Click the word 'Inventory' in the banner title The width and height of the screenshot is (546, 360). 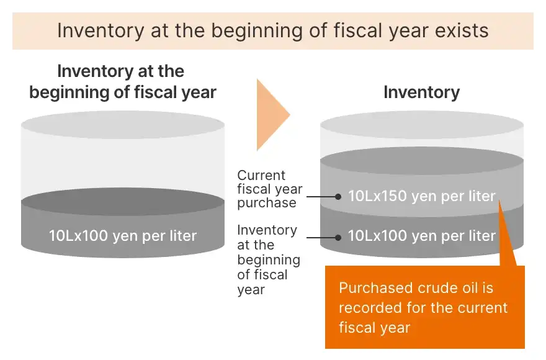101,30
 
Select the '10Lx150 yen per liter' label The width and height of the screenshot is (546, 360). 422,196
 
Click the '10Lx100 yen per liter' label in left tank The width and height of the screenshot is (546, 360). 123,236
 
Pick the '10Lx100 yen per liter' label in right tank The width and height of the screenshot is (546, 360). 422,236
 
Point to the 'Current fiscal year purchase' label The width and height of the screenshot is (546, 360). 270,189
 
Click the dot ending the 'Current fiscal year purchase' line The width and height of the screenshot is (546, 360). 338,197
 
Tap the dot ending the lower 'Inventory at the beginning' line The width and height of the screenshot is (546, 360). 338,238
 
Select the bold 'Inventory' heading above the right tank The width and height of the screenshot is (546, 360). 422,92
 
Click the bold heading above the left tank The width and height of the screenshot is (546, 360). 123,82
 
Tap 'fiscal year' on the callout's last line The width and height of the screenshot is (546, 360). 375,328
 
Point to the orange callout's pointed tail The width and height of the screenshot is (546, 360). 499,201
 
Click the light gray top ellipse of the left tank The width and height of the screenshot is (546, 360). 123,125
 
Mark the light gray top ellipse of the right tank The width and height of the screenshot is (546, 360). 422,125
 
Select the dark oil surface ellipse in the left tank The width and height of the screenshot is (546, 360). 123,202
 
